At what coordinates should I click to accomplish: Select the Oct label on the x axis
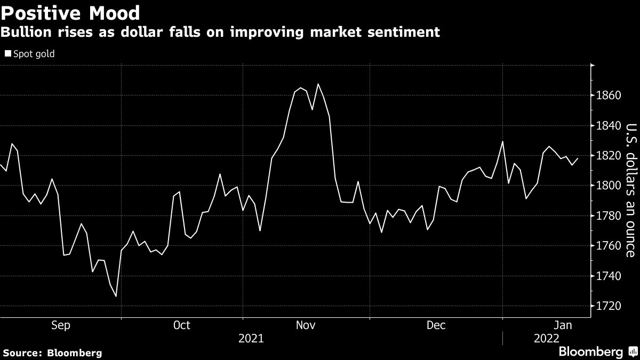[x=182, y=325]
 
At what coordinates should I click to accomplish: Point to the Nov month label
[x=306, y=325]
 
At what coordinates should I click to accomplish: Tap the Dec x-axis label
[x=436, y=325]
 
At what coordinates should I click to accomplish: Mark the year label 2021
[x=251, y=338]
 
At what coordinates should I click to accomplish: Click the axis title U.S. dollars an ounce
[x=630, y=190]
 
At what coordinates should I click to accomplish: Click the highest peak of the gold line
[x=318, y=84]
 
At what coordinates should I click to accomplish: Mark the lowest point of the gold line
[x=116, y=297]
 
